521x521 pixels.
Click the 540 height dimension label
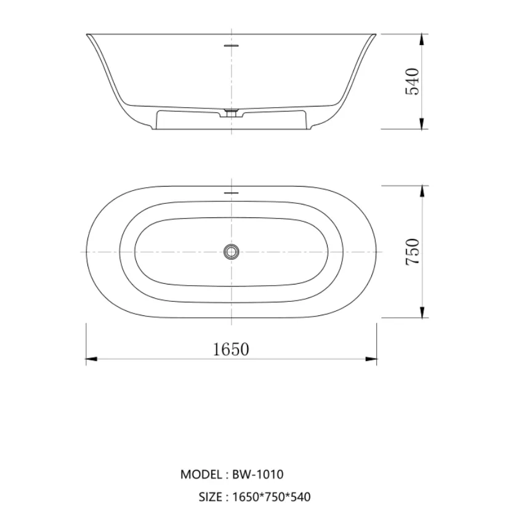(413, 81)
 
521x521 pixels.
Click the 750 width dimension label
(413, 251)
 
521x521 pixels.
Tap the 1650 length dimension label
(231, 349)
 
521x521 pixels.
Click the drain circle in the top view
(232, 251)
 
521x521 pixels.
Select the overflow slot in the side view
(232, 44)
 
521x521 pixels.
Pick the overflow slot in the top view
(232, 192)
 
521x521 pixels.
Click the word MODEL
(201, 474)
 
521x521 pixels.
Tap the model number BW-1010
(257, 474)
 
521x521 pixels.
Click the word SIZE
(211, 497)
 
